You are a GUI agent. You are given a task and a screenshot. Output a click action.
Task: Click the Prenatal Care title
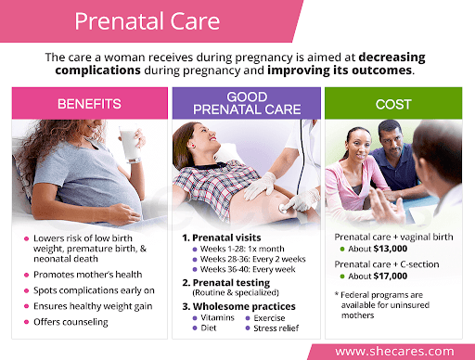[148, 21]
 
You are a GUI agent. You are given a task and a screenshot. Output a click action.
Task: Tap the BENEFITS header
[89, 104]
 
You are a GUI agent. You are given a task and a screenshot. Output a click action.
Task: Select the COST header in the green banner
[393, 104]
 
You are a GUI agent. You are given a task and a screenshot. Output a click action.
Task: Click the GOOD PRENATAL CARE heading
[247, 103]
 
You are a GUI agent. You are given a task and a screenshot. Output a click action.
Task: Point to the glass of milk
[129, 144]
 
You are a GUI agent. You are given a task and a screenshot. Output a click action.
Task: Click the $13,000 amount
[391, 249]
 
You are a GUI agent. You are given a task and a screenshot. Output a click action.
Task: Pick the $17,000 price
[391, 276]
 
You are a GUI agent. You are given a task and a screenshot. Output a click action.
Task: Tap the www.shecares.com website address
[394, 352]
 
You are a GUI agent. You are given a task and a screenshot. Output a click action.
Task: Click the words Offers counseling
[71, 322]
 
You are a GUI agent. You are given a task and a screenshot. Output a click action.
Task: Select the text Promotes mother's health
[88, 275]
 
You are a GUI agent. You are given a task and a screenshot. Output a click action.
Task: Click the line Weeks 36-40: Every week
[248, 269]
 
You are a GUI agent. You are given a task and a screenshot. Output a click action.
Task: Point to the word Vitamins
[217, 317]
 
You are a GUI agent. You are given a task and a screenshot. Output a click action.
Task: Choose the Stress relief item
[276, 328]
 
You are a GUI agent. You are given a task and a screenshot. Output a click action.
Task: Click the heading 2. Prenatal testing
[226, 283]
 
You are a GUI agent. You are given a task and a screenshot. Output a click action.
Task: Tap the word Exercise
[269, 318]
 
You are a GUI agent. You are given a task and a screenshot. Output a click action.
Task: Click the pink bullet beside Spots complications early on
[27, 290]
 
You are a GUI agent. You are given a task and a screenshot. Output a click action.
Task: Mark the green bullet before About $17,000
[342, 276]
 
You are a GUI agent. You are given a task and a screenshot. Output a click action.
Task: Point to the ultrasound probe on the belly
[285, 208]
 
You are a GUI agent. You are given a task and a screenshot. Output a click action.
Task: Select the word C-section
[419, 264]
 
